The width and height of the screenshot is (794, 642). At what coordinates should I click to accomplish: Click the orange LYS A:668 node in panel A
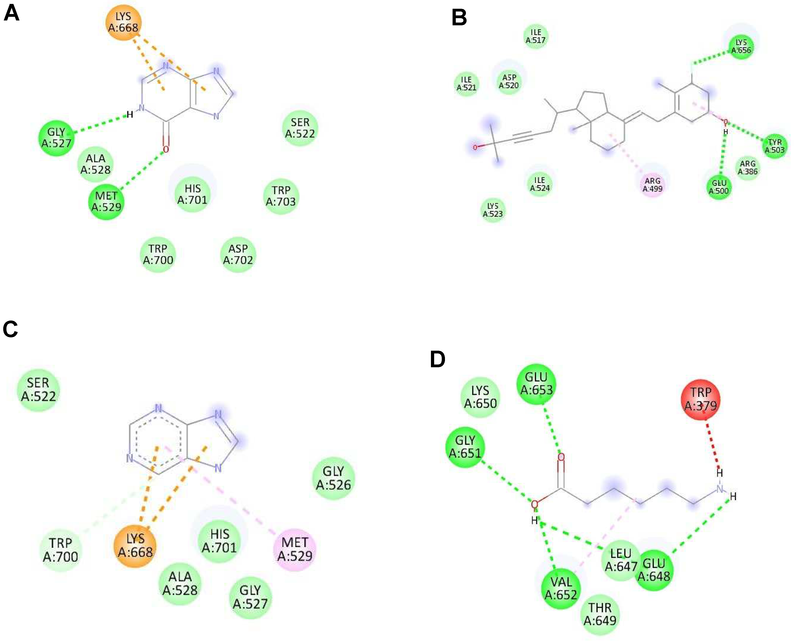click(x=123, y=22)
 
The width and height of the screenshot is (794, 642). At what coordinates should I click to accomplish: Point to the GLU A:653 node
click(x=536, y=384)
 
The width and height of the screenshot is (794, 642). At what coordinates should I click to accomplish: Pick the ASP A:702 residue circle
click(x=238, y=254)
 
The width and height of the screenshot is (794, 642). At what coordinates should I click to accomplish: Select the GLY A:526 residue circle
click(x=333, y=478)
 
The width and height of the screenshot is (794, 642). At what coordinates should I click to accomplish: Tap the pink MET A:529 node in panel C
click(x=295, y=549)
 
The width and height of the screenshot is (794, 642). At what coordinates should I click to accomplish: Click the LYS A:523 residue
click(x=493, y=210)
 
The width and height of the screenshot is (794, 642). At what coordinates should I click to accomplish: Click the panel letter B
click(x=459, y=17)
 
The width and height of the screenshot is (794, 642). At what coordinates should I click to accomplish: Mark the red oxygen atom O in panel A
click(x=166, y=149)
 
